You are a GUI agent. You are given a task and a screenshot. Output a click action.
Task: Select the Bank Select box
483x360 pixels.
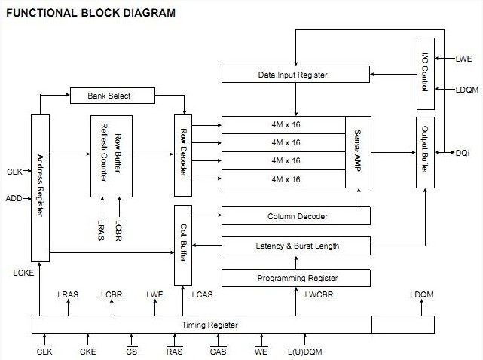click(x=111, y=96)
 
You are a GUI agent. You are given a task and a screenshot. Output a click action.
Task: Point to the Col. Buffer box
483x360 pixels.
click(x=183, y=245)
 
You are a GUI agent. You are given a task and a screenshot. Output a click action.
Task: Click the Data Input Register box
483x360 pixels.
click(x=296, y=75)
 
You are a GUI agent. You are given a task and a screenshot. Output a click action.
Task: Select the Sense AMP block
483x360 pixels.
click(x=358, y=151)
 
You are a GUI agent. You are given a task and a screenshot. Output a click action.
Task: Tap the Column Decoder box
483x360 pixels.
click(x=296, y=217)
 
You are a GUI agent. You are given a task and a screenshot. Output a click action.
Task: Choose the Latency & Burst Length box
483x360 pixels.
click(x=296, y=246)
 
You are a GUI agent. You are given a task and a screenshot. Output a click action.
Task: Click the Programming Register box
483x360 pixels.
click(x=296, y=278)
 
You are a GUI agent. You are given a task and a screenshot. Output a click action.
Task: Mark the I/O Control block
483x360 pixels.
click(x=424, y=73)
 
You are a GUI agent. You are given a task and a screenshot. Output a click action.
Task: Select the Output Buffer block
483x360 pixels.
click(x=424, y=152)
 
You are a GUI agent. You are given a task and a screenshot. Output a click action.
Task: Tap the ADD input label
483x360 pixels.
click(x=14, y=200)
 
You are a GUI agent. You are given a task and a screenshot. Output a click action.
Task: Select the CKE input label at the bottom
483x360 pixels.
click(x=87, y=352)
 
